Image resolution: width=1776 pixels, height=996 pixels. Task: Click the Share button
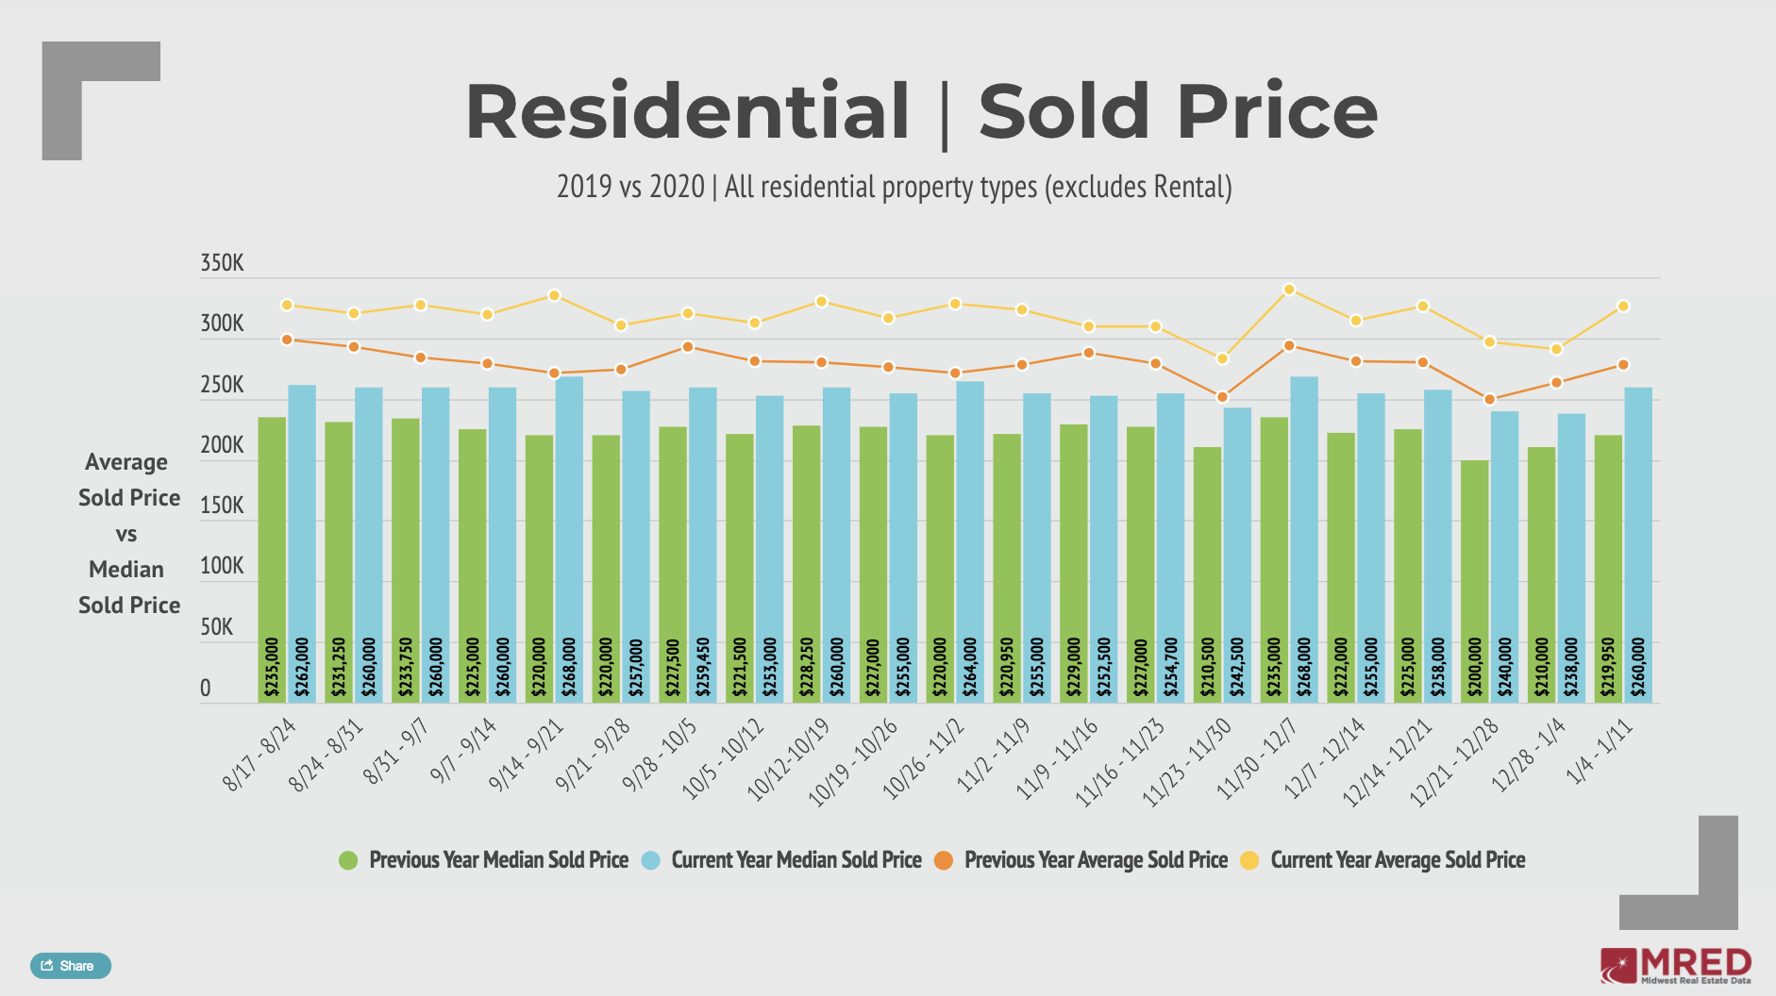pyautogui.click(x=71, y=966)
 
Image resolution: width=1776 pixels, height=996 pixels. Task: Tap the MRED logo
pyautogui.click(x=1676, y=966)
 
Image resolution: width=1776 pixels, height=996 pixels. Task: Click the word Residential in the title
pyautogui.click(x=687, y=112)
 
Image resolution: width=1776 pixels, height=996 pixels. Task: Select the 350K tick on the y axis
pyautogui.click(x=222, y=263)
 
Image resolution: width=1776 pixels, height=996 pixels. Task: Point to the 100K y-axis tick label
pyautogui.click(x=222, y=566)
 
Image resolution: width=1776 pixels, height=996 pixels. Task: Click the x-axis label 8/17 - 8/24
pyautogui.click(x=260, y=754)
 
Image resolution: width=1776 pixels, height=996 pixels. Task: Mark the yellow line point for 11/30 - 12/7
pyautogui.click(x=1289, y=290)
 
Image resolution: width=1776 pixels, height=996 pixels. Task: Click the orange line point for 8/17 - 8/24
pyautogui.click(x=287, y=340)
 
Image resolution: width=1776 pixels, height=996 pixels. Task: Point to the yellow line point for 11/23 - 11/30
pyautogui.click(x=1222, y=358)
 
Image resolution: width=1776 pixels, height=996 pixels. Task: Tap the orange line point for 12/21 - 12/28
pyautogui.click(x=1489, y=399)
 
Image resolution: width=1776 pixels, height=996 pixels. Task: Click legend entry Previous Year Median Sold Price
pyautogui.click(x=497, y=860)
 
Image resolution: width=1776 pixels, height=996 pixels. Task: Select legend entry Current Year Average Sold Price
pyautogui.click(x=1397, y=860)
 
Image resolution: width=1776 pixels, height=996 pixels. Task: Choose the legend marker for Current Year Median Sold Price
pyautogui.click(x=650, y=860)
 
